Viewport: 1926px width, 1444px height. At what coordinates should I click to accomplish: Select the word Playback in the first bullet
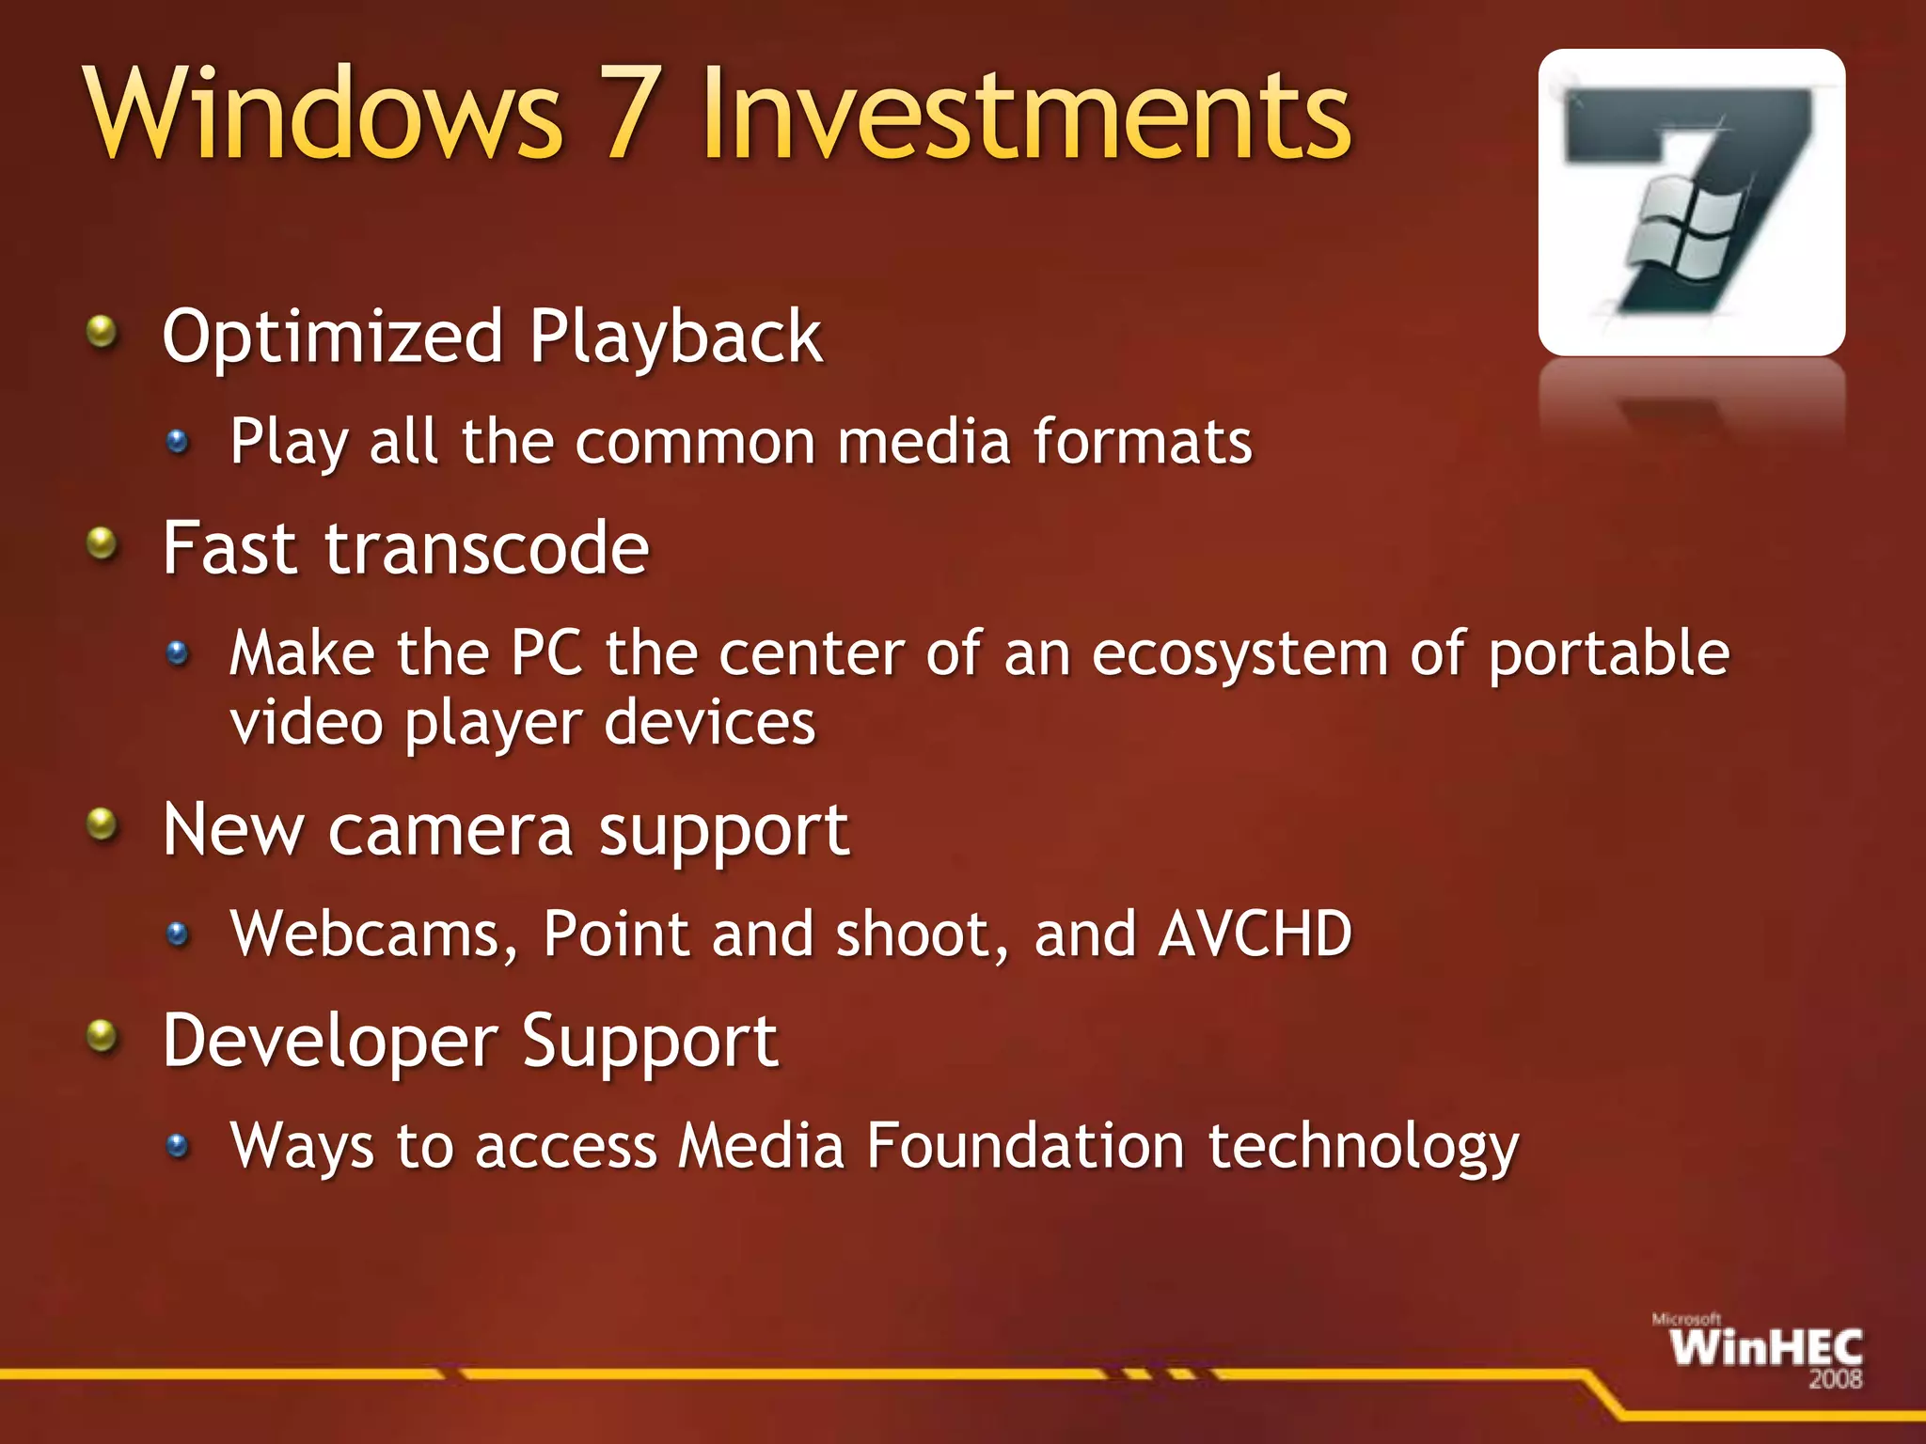[x=675, y=337]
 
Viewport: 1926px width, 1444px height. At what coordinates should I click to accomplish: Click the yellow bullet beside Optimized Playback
[x=102, y=332]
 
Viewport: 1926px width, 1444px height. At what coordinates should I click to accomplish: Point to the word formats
[x=1143, y=442]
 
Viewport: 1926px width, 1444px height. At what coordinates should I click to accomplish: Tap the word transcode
[x=487, y=549]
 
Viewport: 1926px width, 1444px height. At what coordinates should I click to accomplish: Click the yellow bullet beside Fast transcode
[x=102, y=543]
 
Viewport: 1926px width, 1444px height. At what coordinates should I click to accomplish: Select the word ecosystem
[x=1239, y=654]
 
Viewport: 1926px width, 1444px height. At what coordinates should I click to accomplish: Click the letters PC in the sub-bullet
[x=546, y=652]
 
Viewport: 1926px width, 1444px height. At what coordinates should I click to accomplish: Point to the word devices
[x=710, y=724]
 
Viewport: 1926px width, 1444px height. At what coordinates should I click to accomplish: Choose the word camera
[x=450, y=831]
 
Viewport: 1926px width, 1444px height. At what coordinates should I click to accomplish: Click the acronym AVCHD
[x=1255, y=934]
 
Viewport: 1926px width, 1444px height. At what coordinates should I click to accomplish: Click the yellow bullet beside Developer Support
[x=102, y=1038]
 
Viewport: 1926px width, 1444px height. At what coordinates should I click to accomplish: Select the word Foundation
[x=1025, y=1146]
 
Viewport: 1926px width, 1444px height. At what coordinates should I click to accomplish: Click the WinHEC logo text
[x=1765, y=1348]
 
